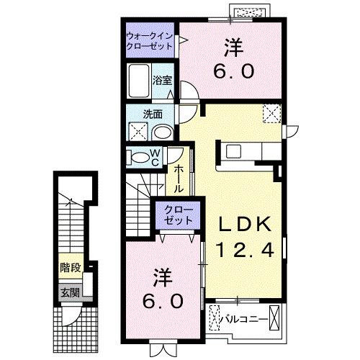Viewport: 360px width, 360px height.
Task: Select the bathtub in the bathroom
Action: click(x=139, y=81)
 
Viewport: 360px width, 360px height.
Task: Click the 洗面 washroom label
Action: click(x=151, y=114)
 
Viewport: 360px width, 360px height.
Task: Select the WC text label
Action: click(x=155, y=158)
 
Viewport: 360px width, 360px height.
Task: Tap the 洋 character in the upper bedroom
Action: click(x=232, y=45)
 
